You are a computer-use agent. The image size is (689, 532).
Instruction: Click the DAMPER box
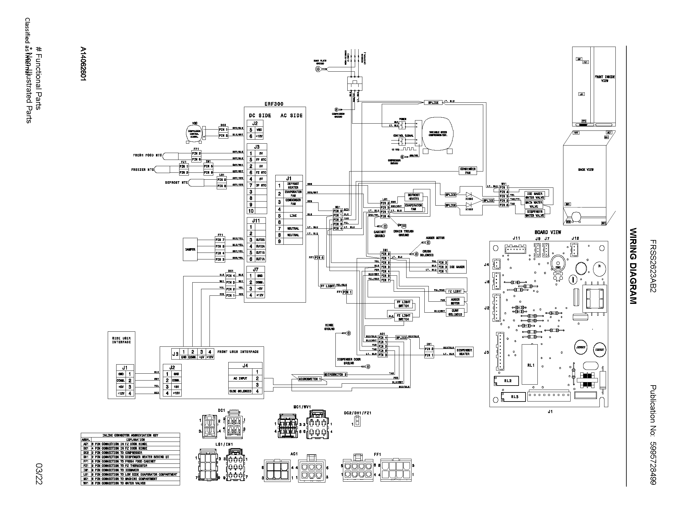coord(190,249)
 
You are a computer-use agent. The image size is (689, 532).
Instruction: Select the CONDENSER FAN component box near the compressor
coord(468,171)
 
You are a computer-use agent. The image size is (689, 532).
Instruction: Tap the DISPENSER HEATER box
coord(464,352)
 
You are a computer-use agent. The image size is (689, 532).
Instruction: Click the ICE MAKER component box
coord(457,267)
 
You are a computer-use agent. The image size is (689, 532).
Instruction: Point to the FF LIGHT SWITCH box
coord(403,304)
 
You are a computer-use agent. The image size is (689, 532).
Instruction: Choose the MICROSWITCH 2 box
coord(335,374)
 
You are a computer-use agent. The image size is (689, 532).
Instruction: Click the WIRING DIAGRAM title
coord(633,266)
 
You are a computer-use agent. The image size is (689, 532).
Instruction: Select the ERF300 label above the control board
coord(274,104)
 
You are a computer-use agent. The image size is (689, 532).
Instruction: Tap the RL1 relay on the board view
coord(531,365)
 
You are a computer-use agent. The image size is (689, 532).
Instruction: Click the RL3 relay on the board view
coord(515,396)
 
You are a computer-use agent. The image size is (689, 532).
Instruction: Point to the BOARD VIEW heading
coord(548,232)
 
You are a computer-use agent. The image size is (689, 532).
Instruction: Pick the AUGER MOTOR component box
coord(455,301)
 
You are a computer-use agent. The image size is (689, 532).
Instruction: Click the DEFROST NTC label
coord(176,182)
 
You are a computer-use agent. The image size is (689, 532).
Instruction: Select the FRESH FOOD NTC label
coord(147,156)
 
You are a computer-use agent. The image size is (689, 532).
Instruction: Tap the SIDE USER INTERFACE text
coord(122,340)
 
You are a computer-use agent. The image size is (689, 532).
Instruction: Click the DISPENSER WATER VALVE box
coord(534,214)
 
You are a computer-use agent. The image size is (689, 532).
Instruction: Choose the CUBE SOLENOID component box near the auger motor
coord(455,312)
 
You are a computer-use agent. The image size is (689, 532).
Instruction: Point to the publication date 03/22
coord(39,473)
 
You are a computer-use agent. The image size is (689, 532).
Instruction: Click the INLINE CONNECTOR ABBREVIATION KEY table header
coord(130,435)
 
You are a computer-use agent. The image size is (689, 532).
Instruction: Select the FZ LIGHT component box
coord(455,291)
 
